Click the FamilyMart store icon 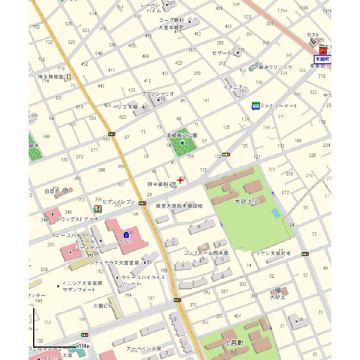[255, 105]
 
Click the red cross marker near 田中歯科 [180, 180]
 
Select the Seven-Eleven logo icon [98, 209]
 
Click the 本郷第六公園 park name [182, 136]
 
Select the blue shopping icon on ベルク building [127, 233]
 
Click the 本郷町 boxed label [322, 58]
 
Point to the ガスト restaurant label [313, 35]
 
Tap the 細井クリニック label [276, 67]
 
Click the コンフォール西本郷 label [206, 253]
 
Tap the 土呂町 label [233, 342]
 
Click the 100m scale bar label [84, 345]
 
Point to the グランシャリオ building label [157, 93]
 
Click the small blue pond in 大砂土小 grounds [274, 214]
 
